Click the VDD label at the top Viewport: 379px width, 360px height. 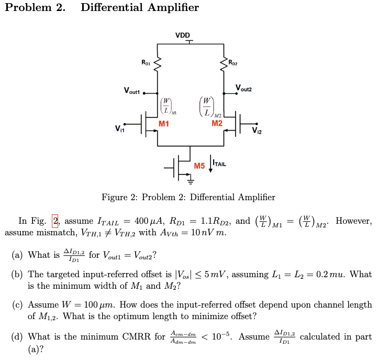(x=183, y=36)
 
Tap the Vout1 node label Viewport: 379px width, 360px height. (x=132, y=91)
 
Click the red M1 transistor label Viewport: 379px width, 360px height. (x=164, y=124)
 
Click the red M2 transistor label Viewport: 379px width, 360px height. (x=217, y=123)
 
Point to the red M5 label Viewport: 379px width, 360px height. (x=199, y=166)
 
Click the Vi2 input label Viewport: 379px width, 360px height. (x=255, y=130)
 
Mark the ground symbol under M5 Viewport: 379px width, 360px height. (x=191, y=182)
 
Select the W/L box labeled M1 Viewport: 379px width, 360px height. (x=166, y=106)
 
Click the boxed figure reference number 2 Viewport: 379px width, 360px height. (x=55, y=220)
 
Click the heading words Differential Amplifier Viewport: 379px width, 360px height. (x=140, y=7)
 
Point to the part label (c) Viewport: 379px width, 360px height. (x=18, y=304)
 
